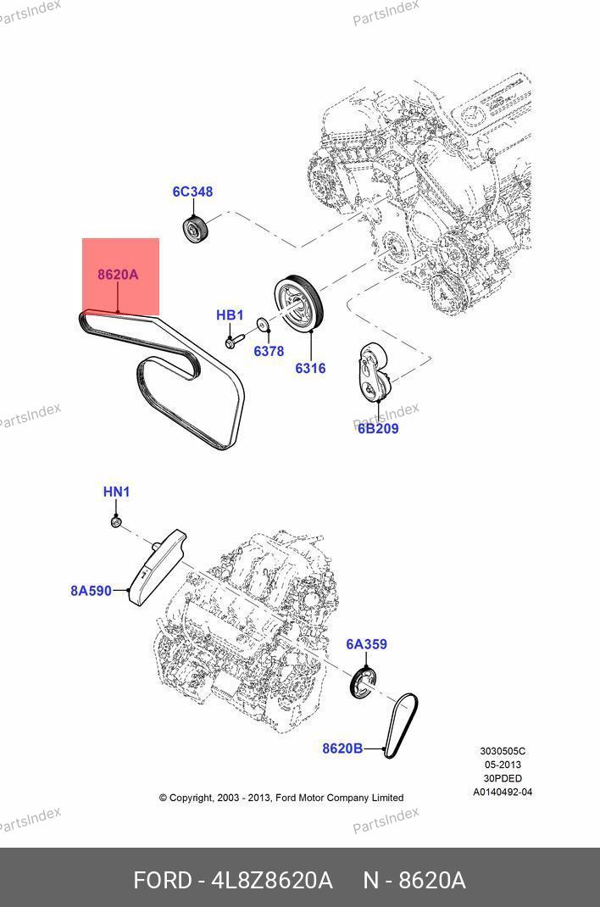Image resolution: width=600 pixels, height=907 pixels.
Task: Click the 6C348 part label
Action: pos(192,192)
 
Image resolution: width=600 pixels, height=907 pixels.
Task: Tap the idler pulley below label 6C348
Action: pos(196,229)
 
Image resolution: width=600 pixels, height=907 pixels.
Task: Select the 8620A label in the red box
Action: pos(118,274)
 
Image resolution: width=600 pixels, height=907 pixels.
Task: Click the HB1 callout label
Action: pos(230,315)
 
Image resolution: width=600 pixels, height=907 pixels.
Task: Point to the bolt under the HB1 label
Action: pos(235,340)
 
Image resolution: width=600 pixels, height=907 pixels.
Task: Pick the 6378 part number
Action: pos(269,351)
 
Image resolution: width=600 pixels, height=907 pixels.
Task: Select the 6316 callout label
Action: pos(310,369)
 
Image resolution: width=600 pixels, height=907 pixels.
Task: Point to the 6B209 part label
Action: pos(378,429)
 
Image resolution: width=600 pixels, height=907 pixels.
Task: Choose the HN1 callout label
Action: pos(116,492)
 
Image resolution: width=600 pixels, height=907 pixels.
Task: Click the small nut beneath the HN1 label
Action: pos(115,523)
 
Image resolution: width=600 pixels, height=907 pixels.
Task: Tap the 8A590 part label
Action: pos(91,591)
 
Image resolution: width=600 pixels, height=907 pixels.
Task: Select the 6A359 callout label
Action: pos(366,644)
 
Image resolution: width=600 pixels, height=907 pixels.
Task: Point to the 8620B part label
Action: pos(342,748)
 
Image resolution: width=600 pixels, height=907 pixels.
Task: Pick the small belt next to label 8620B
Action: pos(401,726)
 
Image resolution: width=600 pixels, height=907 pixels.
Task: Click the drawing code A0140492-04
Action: pos(503,793)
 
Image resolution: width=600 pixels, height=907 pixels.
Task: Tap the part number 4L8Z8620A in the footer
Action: pos(272,881)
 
